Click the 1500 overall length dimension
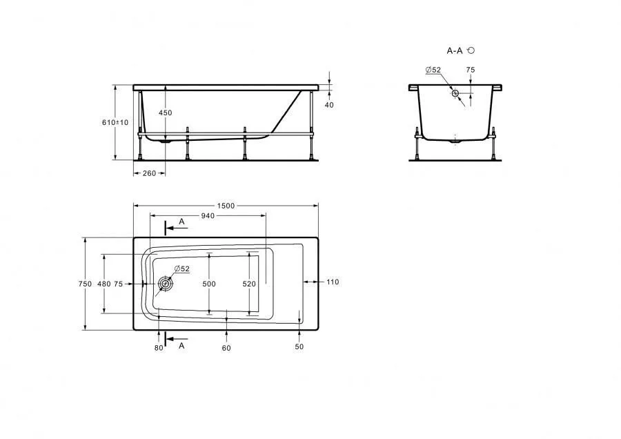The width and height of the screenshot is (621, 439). tap(226, 206)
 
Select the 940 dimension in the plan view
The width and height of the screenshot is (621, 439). tap(208, 216)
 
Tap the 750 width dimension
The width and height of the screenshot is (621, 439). tap(85, 284)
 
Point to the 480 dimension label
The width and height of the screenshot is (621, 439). tap(104, 284)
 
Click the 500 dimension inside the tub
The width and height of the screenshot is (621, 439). tap(209, 284)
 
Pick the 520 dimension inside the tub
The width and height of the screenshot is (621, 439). tap(249, 284)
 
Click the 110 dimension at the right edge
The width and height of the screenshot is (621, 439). tap(333, 282)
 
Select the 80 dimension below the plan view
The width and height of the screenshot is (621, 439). tap(159, 348)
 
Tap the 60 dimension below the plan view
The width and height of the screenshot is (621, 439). tap(226, 348)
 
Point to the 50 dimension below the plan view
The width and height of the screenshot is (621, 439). tap(299, 347)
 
